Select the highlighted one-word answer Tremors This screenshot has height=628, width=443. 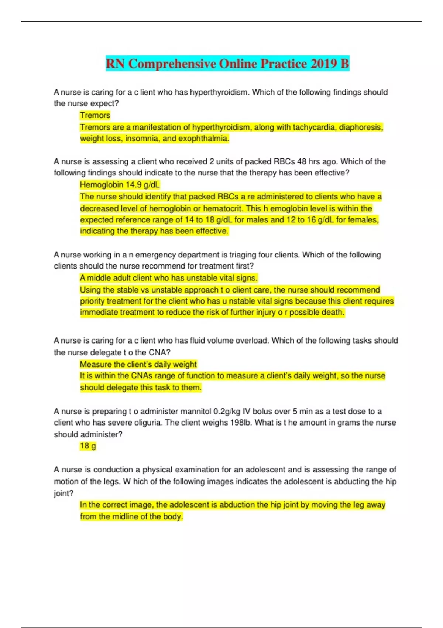click(95, 116)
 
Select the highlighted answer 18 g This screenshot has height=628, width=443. click(88, 446)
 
